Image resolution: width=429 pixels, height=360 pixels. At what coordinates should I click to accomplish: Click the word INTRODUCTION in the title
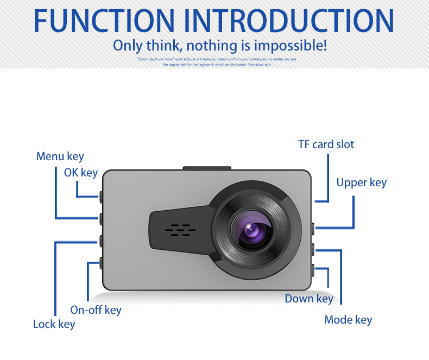pos(289,20)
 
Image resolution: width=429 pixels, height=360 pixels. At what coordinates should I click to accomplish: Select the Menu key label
pos(60,156)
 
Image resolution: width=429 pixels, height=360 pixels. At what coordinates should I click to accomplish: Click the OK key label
pos(81,173)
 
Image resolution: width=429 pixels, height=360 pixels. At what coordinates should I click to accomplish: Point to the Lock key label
pos(54,324)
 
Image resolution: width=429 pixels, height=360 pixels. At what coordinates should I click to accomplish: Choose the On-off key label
pos(96,310)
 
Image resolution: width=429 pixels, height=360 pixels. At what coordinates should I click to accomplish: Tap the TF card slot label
pos(326,144)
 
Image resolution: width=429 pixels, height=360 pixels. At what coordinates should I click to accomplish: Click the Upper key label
pos(361,182)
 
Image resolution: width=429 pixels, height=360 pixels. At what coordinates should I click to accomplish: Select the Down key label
pos(309,299)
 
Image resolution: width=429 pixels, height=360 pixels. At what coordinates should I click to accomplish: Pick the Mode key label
pos(348,319)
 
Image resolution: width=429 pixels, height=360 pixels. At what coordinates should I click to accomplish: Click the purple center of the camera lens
pos(254,229)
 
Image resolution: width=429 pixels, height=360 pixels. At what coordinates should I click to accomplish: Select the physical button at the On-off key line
pos(102,263)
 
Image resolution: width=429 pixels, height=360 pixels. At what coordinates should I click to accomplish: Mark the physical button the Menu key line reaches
pos(102,218)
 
